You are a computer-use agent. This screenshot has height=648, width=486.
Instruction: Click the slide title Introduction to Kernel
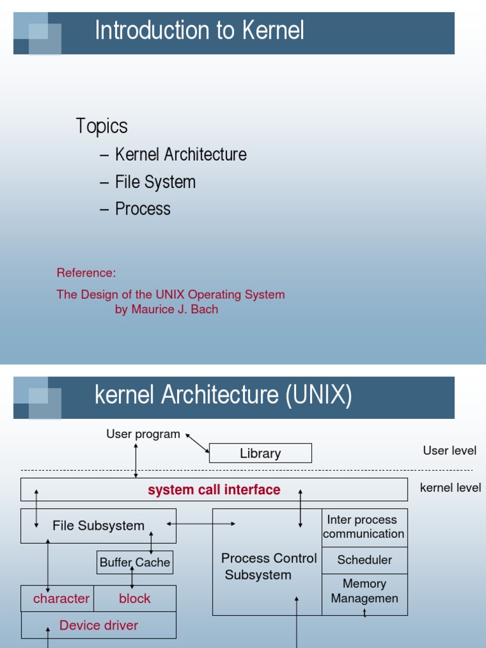click(199, 30)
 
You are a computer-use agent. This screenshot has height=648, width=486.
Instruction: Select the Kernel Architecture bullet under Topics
click(180, 154)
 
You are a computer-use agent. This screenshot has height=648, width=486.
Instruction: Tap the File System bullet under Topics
click(155, 182)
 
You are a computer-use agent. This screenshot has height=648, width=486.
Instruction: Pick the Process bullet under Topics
click(142, 209)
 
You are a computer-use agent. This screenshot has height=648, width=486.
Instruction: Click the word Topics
click(102, 126)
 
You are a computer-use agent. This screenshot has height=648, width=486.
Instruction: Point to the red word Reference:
click(86, 273)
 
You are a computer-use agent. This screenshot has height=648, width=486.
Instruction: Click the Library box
click(260, 453)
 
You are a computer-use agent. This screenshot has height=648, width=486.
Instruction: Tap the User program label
click(143, 434)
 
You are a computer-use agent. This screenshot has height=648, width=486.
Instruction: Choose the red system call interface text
click(214, 490)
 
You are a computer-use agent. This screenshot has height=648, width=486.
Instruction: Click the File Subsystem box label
click(98, 525)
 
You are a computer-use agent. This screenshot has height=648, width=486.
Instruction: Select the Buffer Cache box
click(135, 562)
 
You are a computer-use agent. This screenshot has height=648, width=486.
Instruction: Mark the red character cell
click(61, 599)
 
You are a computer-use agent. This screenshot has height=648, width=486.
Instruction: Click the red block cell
click(135, 599)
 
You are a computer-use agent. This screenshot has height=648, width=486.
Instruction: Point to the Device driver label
click(98, 625)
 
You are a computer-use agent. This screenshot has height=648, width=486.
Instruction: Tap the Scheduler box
click(364, 560)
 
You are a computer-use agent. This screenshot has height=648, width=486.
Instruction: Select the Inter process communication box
click(364, 526)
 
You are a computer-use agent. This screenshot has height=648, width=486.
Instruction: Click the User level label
click(449, 451)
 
